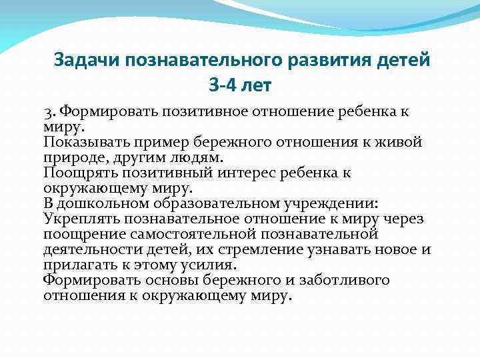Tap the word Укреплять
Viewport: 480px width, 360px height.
pyautogui.click(x=78, y=219)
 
